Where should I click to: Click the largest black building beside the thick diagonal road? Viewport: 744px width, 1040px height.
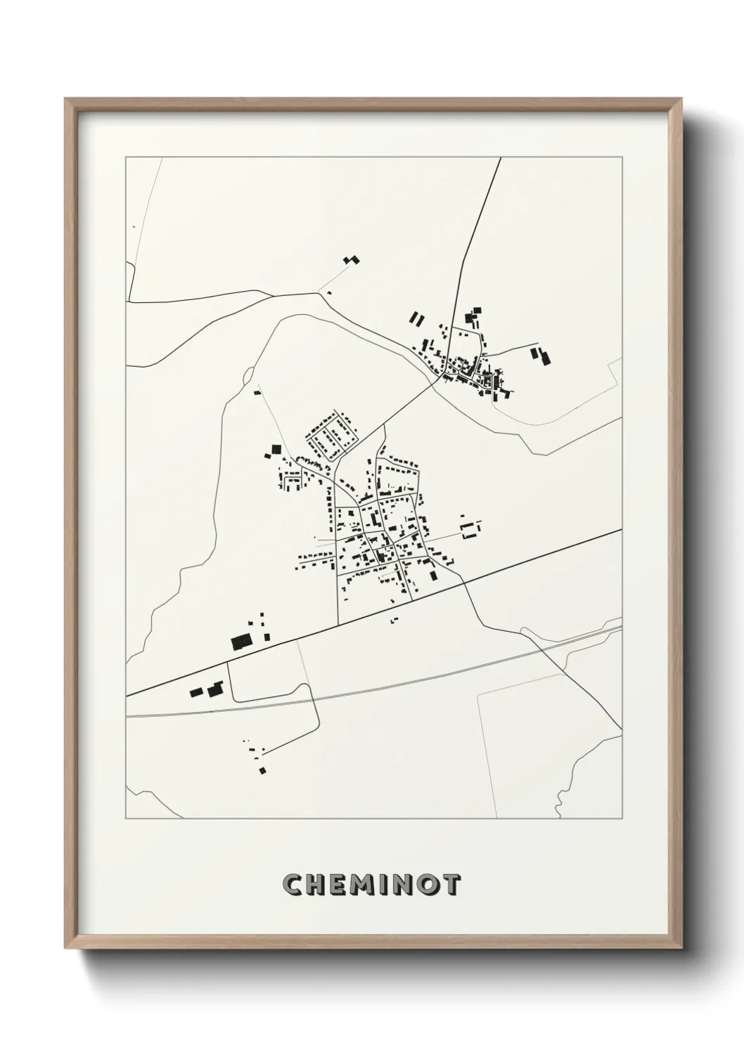[x=241, y=641]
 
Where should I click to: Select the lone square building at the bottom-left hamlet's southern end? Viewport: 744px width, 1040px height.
[x=262, y=771]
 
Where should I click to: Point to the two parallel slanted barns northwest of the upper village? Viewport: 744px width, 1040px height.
[x=417, y=318]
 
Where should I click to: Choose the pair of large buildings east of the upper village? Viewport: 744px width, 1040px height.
[x=541, y=356]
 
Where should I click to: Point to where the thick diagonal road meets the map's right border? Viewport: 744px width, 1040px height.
[x=622, y=530]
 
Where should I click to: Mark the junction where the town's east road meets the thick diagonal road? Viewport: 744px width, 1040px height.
[x=463, y=581]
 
